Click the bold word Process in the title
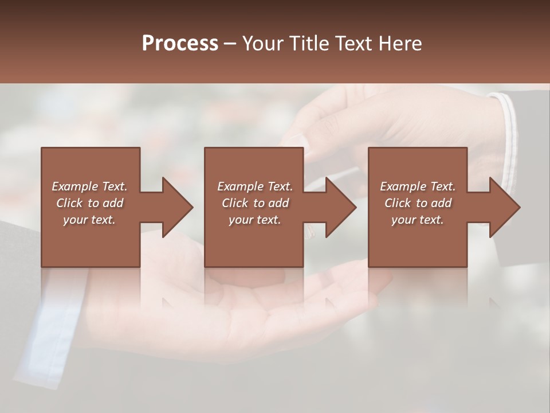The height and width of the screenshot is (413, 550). pyautogui.click(x=180, y=44)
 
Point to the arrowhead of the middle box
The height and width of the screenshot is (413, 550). pyautogui.click(x=340, y=207)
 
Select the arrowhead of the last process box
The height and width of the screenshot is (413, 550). pyautogui.click(x=504, y=207)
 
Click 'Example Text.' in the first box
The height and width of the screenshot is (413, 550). pyautogui.click(x=89, y=186)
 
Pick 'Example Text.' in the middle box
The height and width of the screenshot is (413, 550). pyautogui.click(x=255, y=186)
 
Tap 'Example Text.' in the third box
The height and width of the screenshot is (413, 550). pyautogui.click(x=418, y=186)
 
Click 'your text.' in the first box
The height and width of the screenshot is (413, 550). pyautogui.click(x=89, y=220)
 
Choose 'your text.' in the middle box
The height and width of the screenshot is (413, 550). pyautogui.click(x=255, y=220)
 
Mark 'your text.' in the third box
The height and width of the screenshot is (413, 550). pyautogui.click(x=418, y=220)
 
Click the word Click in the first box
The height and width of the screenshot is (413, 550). pyautogui.click(x=69, y=203)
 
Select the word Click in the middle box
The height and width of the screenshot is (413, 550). pyautogui.click(x=235, y=203)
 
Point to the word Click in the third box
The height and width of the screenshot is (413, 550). pyautogui.click(x=398, y=203)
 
